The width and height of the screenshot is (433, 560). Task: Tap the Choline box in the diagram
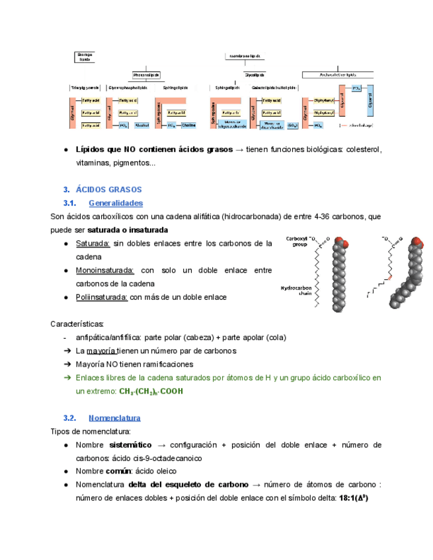(188, 125)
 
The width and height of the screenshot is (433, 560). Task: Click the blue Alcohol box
(141, 125)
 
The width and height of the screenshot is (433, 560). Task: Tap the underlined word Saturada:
(93, 244)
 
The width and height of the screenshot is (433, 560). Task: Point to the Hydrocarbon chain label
(295, 291)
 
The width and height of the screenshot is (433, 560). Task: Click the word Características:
(77, 324)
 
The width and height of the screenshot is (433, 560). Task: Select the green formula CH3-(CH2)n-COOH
(151, 392)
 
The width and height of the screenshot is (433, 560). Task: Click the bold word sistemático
(130, 444)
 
